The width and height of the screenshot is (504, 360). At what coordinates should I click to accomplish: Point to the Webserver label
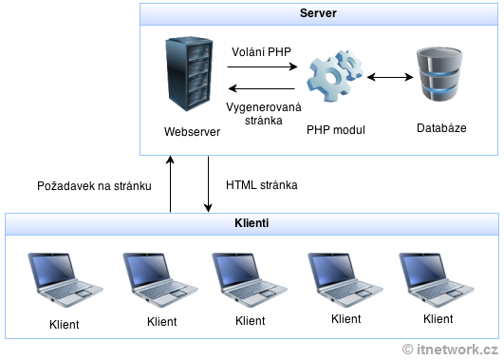pos(192,132)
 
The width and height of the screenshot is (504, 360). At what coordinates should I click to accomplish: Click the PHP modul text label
pos(336,129)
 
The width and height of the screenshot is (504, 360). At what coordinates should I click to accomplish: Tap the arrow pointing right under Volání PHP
pos(262,66)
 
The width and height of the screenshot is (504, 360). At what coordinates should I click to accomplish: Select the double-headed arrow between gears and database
pos(385,76)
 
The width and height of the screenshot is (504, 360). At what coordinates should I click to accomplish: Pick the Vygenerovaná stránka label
pos(262,114)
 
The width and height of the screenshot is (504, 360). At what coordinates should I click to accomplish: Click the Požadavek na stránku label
pos(94,185)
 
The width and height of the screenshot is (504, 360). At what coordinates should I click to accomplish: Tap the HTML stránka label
pos(262,185)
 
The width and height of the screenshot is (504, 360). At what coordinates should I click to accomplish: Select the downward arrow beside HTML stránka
pos(208,185)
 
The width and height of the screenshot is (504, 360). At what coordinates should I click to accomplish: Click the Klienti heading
pos(251,223)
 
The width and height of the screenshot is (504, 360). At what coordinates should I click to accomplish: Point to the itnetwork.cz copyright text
pos(450,350)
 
